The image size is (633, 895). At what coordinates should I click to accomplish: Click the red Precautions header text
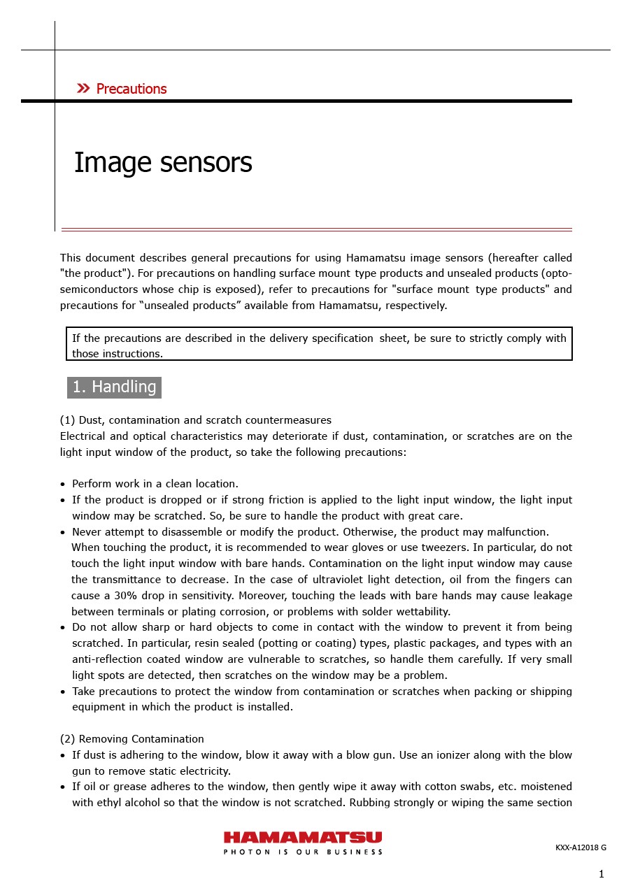click(131, 89)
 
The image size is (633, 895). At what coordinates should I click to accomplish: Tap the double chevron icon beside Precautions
click(83, 88)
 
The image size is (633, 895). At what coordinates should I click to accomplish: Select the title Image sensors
click(163, 163)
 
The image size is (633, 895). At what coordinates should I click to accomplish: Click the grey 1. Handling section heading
click(114, 387)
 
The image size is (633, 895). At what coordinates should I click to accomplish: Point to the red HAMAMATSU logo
click(303, 837)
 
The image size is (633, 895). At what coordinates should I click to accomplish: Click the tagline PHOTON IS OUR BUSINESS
click(303, 852)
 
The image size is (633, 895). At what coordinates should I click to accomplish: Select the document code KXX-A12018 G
click(581, 847)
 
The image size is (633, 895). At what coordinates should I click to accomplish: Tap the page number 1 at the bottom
click(601, 874)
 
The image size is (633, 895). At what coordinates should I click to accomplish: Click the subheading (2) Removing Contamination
click(132, 739)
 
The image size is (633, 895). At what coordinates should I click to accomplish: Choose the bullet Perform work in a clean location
click(155, 484)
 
